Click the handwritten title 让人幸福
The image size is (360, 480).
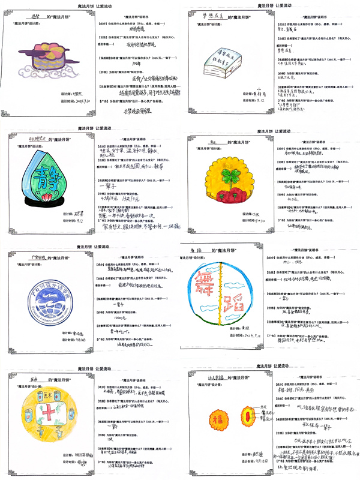209,378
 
